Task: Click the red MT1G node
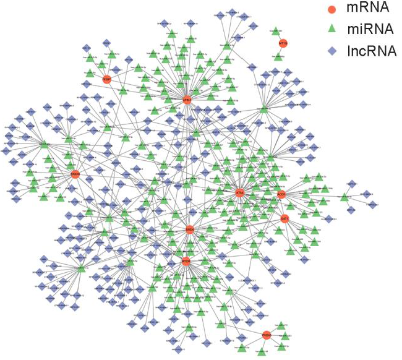[x=283, y=43]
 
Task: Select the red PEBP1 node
[x=107, y=80]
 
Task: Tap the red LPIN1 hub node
[x=187, y=99]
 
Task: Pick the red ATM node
[x=240, y=193]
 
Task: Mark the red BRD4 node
[x=190, y=229]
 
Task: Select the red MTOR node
[x=186, y=262]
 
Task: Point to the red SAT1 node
[x=284, y=219]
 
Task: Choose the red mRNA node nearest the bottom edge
[x=267, y=335]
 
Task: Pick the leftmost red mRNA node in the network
[x=75, y=174]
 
